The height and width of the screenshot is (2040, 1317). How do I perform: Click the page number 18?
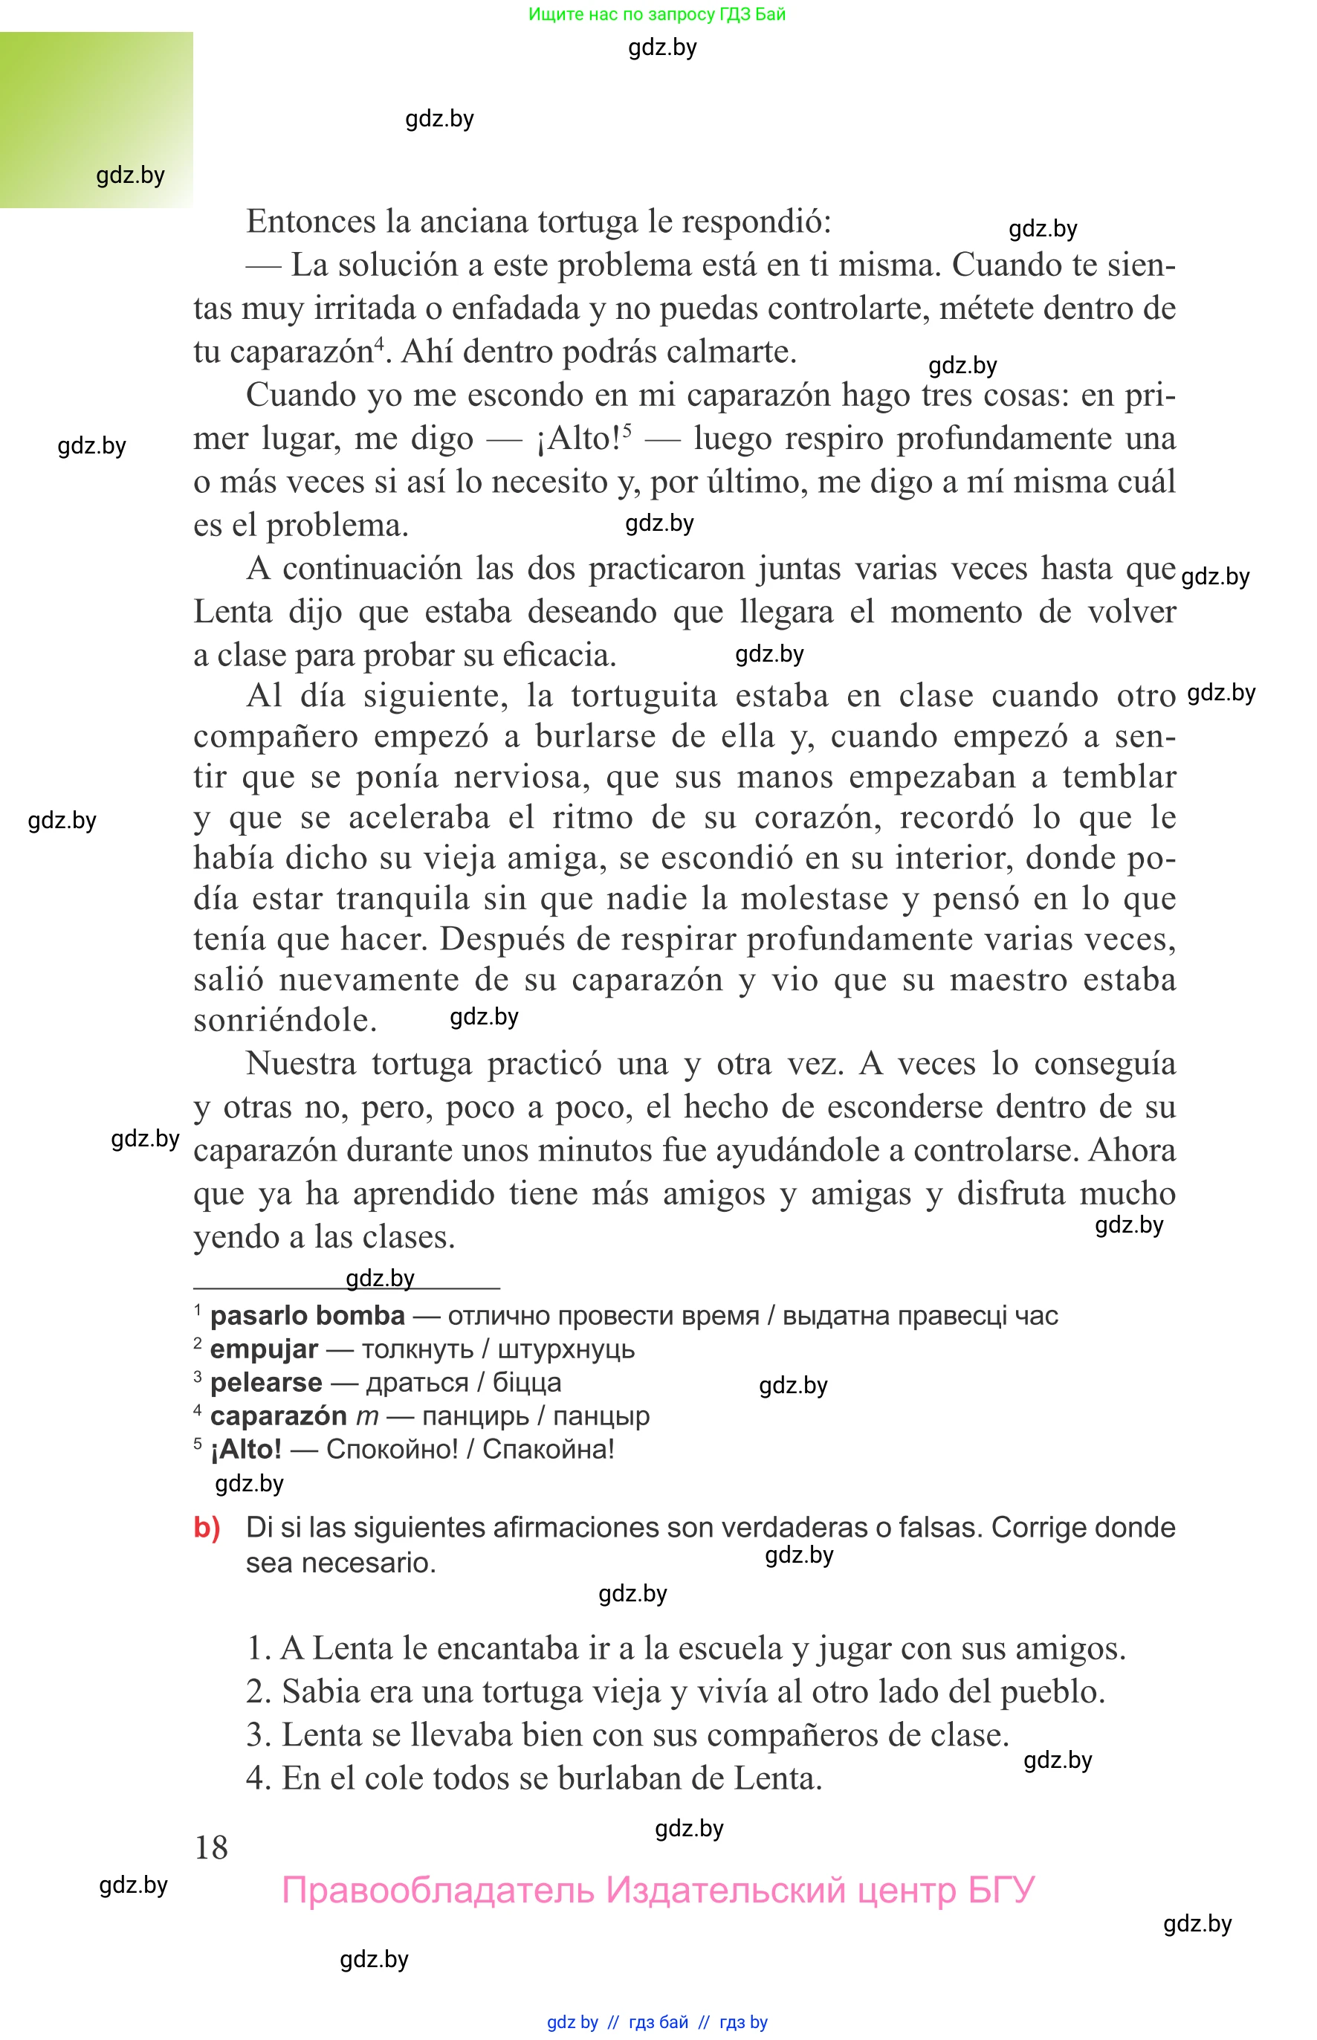(211, 1847)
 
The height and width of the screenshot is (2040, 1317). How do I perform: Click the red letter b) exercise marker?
(207, 1527)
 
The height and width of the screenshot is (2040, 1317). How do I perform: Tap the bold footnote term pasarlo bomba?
(307, 1316)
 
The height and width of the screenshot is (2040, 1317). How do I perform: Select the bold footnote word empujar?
(263, 1349)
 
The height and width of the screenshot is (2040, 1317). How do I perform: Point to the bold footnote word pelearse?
(266, 1382)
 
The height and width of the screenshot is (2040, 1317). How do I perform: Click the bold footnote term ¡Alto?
(245, 1449)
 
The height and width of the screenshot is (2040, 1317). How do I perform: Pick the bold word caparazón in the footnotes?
(278, 1416)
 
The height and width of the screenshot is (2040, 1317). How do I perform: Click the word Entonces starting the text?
(311, 222)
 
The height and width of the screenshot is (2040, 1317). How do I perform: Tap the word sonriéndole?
(285, 1019)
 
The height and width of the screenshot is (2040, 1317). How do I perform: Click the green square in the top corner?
(96, 120)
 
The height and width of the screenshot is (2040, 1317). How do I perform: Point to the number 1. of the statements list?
(259, 1647)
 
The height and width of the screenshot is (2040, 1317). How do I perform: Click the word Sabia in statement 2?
(316, 1691)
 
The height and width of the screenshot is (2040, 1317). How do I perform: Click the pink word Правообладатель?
(437, 1890)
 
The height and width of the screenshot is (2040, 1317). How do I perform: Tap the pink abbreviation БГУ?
(1000, 1890)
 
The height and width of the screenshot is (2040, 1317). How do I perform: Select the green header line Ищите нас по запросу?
(656, 13)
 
